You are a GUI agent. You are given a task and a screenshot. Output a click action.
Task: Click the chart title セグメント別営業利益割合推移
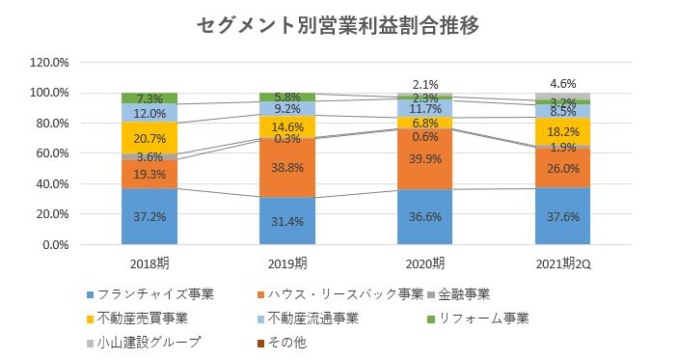338,25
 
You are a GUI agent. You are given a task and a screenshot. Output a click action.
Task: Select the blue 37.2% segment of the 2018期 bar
149,216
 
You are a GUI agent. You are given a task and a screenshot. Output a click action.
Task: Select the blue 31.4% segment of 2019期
288,221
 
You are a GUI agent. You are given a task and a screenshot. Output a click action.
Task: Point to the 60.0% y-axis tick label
50,153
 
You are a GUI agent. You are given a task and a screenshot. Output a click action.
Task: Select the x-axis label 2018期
149,263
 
